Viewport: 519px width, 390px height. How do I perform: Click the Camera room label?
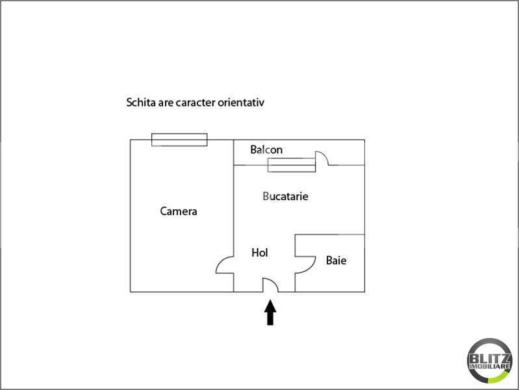coord(179,211)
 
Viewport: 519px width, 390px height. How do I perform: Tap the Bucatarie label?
coord(285,196)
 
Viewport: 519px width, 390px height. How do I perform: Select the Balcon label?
coord(266,149)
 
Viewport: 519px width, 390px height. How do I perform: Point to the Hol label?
coord(260,252)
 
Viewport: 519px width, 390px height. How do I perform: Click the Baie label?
coord(336,260)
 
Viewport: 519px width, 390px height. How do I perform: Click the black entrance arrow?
coord(270,312)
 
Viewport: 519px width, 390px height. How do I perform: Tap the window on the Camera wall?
coord(179,140)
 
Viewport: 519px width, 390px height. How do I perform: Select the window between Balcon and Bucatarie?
coord(292,165)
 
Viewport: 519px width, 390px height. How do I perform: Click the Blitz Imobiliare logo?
coord(490,360)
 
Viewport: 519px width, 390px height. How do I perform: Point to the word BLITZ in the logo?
coord(490,358)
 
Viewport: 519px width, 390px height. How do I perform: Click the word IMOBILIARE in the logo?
coord(490,366)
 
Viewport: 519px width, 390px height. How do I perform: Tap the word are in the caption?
coord(166,103)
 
